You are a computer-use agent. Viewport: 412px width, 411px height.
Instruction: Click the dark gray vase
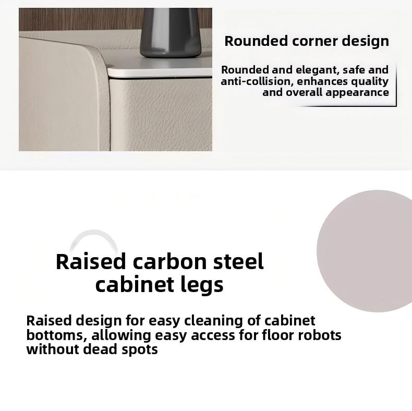pyautogui.click(x=171, y=32)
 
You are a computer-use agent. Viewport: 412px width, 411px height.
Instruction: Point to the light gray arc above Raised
pyautogui.click(x=94, y=235)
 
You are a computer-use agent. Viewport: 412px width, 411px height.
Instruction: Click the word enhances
pyautogui.click(x=322, y=81)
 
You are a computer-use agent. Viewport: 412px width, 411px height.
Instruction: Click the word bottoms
pyautogui.click(x=56, y=335)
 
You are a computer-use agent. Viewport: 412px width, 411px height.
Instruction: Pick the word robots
pyautogui.click(x=320, y=335)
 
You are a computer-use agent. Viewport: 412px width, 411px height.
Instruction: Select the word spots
pyautogui.click(x=140, y=350)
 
